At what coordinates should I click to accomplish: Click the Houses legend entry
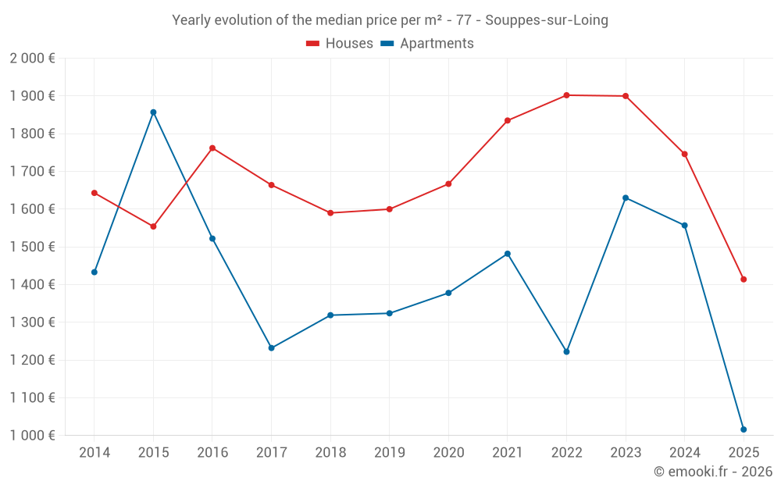tap(340, 44)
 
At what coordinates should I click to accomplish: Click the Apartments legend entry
tap(427, 44)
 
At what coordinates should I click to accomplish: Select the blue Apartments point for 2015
tap(153, 112)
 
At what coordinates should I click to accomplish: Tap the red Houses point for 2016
tap(212, 148)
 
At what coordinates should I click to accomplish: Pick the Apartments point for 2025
tap(744, 429)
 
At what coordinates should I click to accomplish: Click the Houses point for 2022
tap(566, 95)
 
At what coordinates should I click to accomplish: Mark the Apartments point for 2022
tap(566, 351)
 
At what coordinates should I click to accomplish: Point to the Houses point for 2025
tap(744, 280)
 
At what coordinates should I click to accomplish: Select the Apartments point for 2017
tap(271, 348)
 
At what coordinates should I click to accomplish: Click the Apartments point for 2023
tap(626, 198)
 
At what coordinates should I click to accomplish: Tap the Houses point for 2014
tap(95, 193)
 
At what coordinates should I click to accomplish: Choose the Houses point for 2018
tap(330, 213)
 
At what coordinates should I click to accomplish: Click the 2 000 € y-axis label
tap(32, 59)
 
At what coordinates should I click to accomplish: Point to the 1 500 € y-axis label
tap(32, 247)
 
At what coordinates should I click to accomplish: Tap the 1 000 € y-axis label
tap(32, 436)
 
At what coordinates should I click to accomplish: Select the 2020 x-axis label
tap(448, 453)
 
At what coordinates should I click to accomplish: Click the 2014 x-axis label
tap(95, 453)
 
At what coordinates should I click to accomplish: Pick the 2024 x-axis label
tap(684, 453)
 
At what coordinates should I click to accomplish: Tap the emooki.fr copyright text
tap(713, 472)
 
